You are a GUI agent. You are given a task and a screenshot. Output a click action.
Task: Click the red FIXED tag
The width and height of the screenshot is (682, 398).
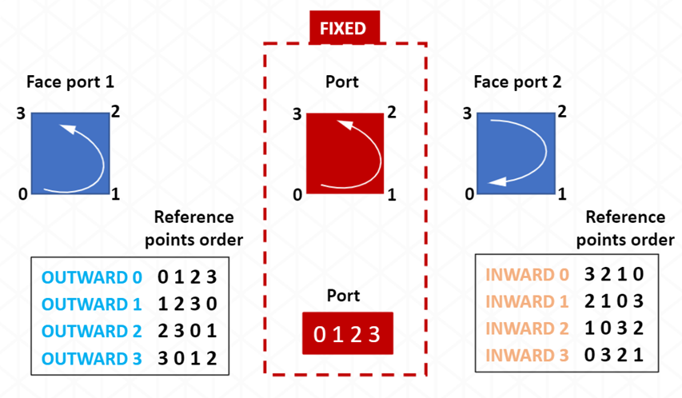[x=343, y=29]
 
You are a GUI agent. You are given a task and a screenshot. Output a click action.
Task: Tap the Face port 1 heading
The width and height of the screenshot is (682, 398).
[x=70, y=82]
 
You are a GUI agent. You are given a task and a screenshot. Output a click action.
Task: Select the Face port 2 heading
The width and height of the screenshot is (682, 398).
[x=517, y=82]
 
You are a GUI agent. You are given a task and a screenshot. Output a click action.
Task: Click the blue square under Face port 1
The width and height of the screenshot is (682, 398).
[x=70, y=153]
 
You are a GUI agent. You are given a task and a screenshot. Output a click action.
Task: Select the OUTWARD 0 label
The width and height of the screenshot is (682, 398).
[x=91, y=278]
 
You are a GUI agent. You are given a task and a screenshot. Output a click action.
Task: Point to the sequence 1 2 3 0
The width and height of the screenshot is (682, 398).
[x=187, y=304]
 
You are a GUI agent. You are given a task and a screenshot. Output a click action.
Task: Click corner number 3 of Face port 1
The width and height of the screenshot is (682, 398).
[x=20, y=113]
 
